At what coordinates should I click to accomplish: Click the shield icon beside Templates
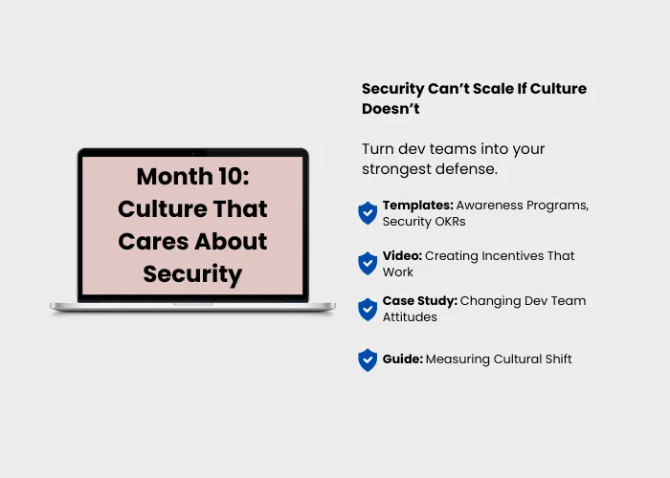tap(368, 213)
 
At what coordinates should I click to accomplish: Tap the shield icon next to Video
tap(368, 263)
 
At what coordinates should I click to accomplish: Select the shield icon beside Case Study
tap(368, 310)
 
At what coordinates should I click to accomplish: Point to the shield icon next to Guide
tap(368, 360)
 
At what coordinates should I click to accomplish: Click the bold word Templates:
tap(418, 206)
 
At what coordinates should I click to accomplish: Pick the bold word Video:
tap(402, 255)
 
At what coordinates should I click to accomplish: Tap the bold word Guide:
tap(403, 358)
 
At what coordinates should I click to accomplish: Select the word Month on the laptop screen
tap(175, 176)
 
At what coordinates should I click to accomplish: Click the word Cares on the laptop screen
tap(153, 242)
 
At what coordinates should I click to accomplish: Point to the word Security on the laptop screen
tap(192, 274)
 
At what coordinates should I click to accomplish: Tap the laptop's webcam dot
tap(193, 152)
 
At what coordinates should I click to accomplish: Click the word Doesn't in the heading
tap(391, 109)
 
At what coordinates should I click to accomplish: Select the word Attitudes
tap(410, 317)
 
